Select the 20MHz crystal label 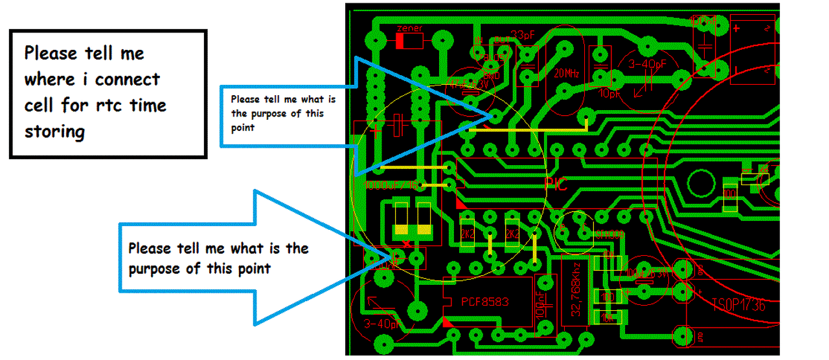click(x=567, y=74)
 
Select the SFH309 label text click(x=609, y=233)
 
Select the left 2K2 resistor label click(x=467, y=233)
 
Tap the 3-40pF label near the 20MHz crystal click(x=648, y=65)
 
